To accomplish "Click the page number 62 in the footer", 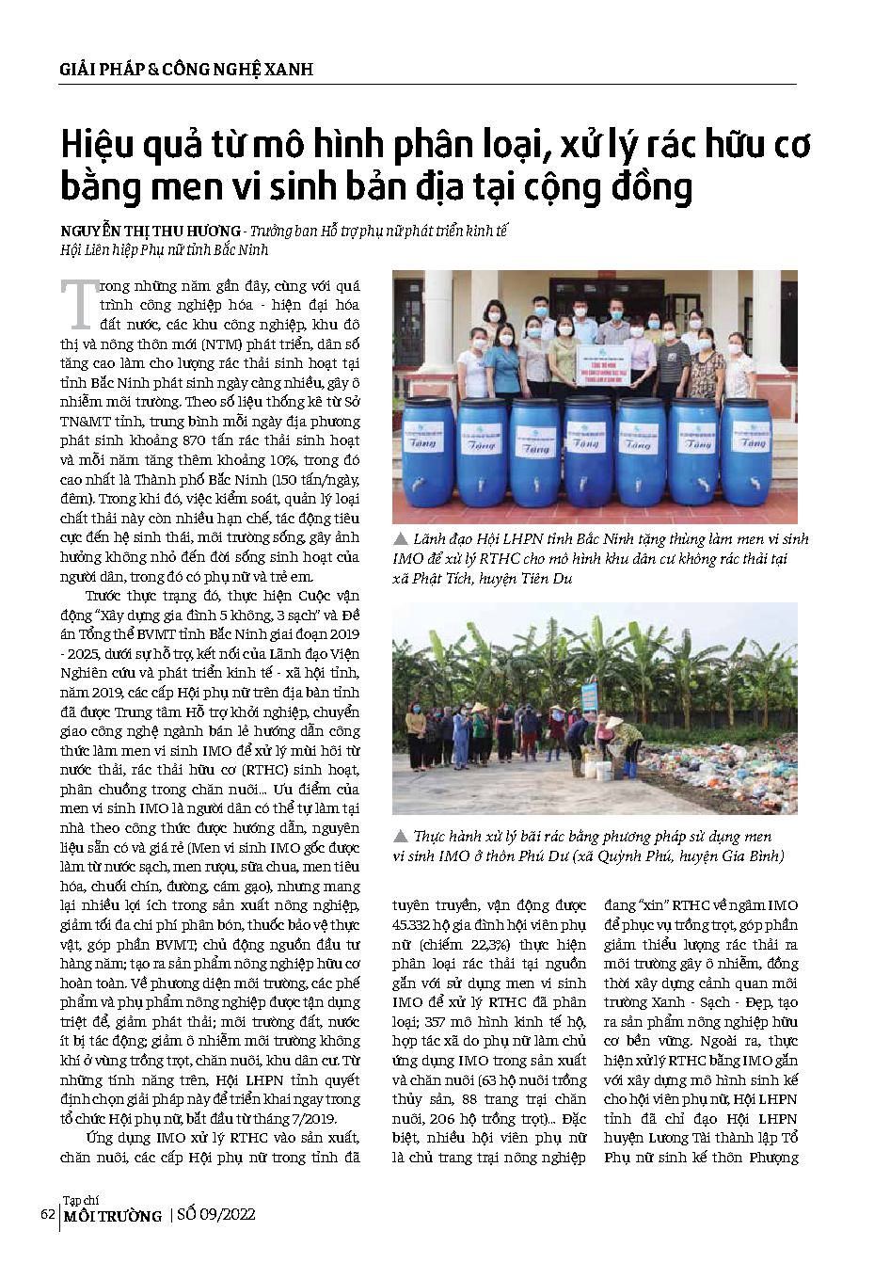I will [46, 1214].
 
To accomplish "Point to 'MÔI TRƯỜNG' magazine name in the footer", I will [112, 1217].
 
